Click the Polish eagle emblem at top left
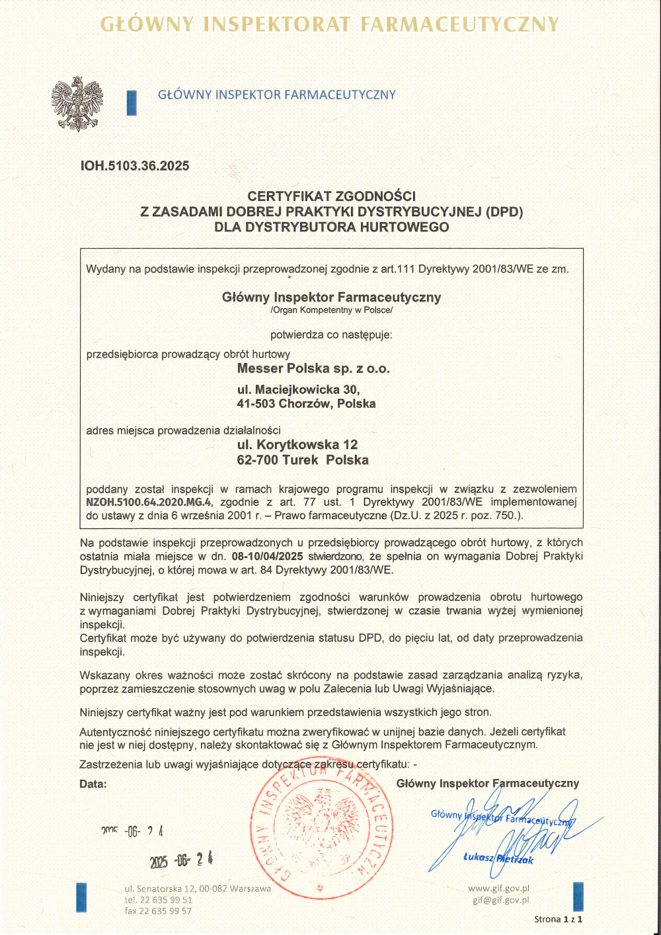(x=77, y=103)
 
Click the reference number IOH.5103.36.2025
(x=135, y=166)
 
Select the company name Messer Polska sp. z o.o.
(x=313, y=368)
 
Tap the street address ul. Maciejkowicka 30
(x=298, y=389)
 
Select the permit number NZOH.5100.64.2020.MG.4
(x=149, y=502)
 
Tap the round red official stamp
(x=322, y=829)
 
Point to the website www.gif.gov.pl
(x=498, y=889)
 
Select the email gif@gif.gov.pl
(x=500, y=900)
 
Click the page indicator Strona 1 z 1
(x=558, y=919)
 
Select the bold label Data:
(x=93, y=784)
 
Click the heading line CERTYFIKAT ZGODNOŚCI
(x=331, y=196)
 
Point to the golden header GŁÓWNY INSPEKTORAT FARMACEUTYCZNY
(x=330, y=24)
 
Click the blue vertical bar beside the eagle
(x=132, y=102)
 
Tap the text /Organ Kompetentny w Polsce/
(x=331, y=310)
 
